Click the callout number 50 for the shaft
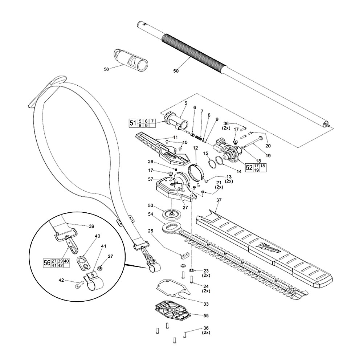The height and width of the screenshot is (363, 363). (x=176, y=71)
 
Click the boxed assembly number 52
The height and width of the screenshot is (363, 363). (x=249, y=168)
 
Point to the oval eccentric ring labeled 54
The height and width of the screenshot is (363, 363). (x=171, y=228)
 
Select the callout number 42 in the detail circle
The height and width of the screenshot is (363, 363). (x=62, y=280)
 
